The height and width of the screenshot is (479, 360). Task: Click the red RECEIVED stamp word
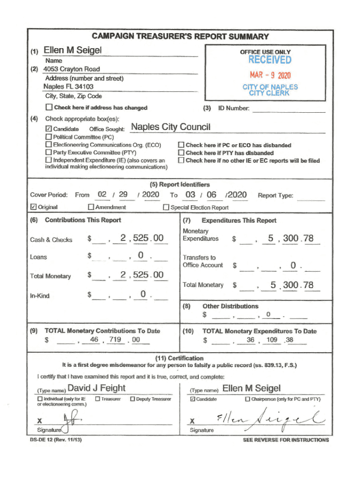269,60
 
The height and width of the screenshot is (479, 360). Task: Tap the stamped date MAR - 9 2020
270,75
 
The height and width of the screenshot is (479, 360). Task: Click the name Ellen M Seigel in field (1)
72,50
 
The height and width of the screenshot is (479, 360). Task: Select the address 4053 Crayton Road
72,69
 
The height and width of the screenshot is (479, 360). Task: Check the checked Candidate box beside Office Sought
49,129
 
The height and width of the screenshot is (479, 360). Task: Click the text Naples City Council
171,127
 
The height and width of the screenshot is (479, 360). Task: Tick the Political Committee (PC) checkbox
49,137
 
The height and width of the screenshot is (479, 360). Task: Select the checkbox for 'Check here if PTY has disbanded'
181,152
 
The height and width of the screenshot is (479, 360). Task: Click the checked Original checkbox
33,207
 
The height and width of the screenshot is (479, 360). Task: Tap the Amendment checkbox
91,207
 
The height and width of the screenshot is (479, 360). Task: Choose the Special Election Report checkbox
166,207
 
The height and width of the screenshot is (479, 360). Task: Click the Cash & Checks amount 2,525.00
142,239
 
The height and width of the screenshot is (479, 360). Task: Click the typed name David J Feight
97,388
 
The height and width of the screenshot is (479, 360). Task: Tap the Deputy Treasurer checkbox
132,399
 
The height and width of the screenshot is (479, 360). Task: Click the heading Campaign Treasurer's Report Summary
180,36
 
